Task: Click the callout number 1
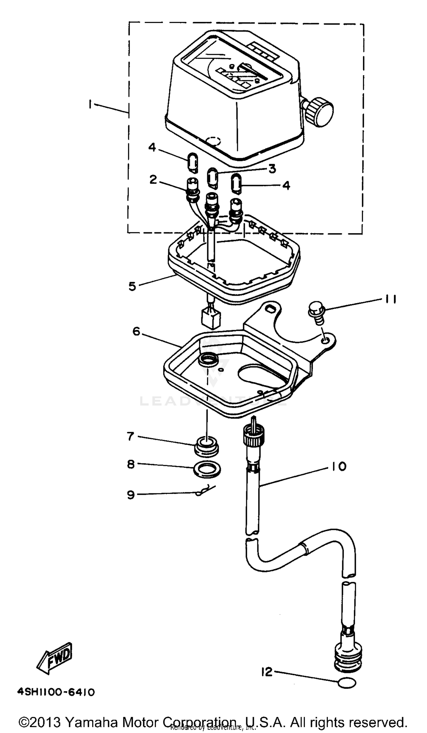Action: (91, 104)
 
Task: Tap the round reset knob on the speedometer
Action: (321, 112)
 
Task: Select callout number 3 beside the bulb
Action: (272, 169)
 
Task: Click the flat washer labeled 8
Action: (207, 469)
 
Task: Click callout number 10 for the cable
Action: (338, 466)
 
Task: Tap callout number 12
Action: (266, 672)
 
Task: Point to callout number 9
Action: (131, 494)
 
